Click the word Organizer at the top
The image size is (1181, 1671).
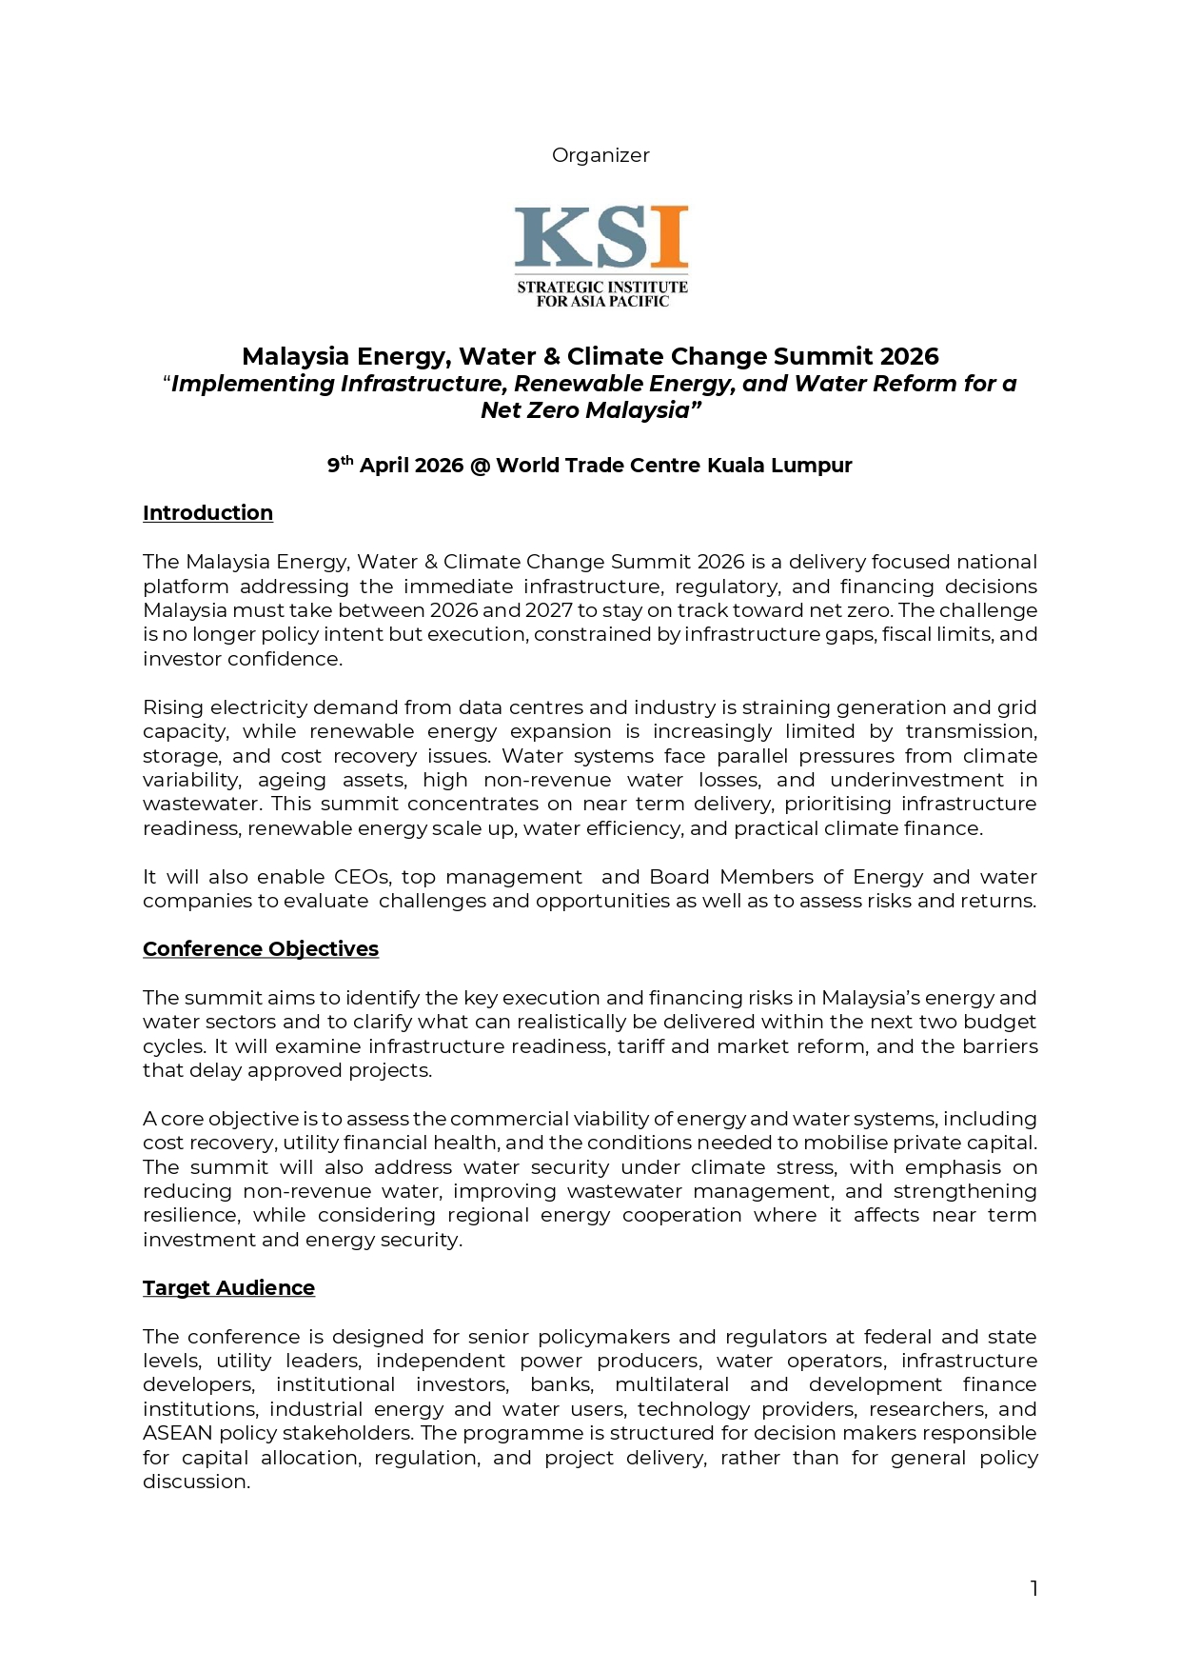[x=600, y=155]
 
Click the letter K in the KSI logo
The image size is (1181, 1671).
[x=544, y=237]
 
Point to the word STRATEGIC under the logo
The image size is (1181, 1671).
[x=557, y=287]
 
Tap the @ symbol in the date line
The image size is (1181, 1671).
[x=480, y=466]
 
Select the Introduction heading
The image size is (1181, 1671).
[x=207, y=513]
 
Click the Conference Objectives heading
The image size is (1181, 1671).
[x=261, y=949]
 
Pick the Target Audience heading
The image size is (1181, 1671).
[x=228, y=1288]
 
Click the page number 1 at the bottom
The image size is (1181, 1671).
[x=1033, y=1588]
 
